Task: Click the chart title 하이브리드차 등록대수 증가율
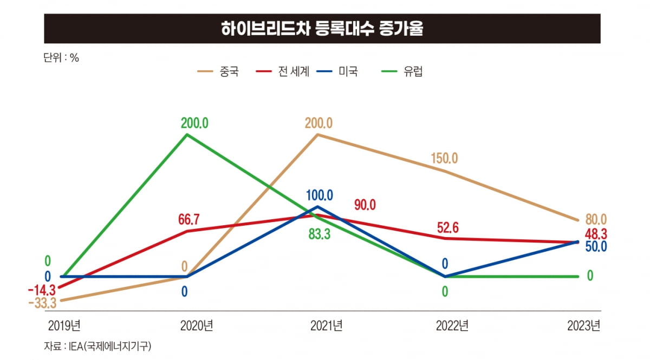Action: click(322, 29)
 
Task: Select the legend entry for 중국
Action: click(219, 72)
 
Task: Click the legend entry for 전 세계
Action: click(282, 72)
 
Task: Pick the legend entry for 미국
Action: click(337, 72)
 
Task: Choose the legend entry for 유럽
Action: click(401, 72)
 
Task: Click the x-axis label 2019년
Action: click(64, 326)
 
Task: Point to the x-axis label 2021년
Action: click(327, 326)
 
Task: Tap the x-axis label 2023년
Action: click(583, 326)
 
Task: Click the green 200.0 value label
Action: click(194, 123)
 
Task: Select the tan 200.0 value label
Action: click(318, 123)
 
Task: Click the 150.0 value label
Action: click(444, 159)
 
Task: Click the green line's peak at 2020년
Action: click(187, 134)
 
